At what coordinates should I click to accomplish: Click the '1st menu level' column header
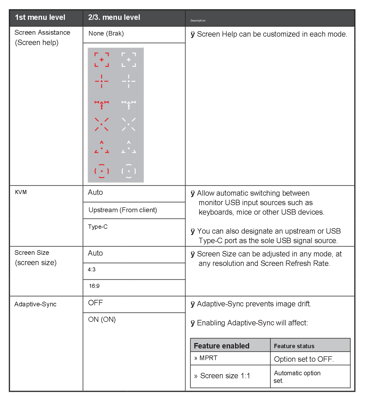tap(40, 17)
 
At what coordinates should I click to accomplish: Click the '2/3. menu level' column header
tap(114, 17)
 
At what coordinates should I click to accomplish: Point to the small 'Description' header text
tap(198, 21)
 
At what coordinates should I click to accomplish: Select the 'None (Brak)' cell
tap(106, 34)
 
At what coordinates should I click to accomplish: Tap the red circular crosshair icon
tap(101, 171)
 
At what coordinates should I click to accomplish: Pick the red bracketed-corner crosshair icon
tap(101, 60)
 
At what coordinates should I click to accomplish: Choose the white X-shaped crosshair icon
tap(129, 124)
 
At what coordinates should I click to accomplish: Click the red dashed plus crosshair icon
tap(101, 81)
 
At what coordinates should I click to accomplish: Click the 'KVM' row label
tap(21, 192)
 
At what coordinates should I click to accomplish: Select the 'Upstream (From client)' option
tap(123, 210)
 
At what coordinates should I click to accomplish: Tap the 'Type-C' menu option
tap(98, 227)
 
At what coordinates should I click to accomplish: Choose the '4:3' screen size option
tap(92, 270)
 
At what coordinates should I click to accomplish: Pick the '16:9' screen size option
tap(94, 286)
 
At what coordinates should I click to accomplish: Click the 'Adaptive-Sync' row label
tap(35, 304)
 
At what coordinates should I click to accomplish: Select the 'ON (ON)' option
tap(102, 320)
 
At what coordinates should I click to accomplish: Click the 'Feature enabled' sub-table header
tap(221, 346)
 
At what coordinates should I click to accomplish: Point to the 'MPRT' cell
tap(208, 358)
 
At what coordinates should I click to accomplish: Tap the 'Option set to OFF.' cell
tap(304, 359)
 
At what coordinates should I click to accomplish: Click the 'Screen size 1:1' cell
tap(225, 376)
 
